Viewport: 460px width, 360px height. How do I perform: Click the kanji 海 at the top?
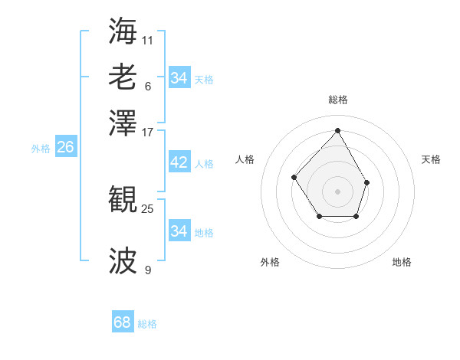click(123, 31)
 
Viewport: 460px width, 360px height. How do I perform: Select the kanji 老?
click(123, 77)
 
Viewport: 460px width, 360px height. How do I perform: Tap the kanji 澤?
click(123, 122)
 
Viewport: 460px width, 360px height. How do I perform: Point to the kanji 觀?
click(123, 200)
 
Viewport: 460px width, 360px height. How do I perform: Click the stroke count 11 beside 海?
click(148, 38)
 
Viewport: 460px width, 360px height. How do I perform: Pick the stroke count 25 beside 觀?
click(148, 207)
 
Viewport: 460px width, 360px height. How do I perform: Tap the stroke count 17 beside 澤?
click(148, 131)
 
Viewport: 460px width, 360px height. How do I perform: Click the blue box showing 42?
click(179, 162)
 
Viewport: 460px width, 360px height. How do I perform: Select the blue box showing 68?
click(123, 322)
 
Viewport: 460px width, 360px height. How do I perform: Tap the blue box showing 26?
click(65, 148)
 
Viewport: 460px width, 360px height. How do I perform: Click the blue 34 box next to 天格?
click(179, 78)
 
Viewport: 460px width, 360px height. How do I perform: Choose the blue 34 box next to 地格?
click(179, 231)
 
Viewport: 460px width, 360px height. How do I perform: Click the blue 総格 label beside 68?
click(147, 324)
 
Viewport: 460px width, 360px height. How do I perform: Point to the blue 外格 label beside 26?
click(41, 149)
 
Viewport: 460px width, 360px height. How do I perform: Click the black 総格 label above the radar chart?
click(337, 100)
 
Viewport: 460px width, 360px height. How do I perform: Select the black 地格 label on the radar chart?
click(402, 262)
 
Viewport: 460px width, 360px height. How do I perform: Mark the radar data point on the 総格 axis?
click(337, 130)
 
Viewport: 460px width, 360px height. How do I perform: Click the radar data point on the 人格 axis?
click(294, 177)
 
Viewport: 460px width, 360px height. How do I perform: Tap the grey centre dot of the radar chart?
click(337, 191)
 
